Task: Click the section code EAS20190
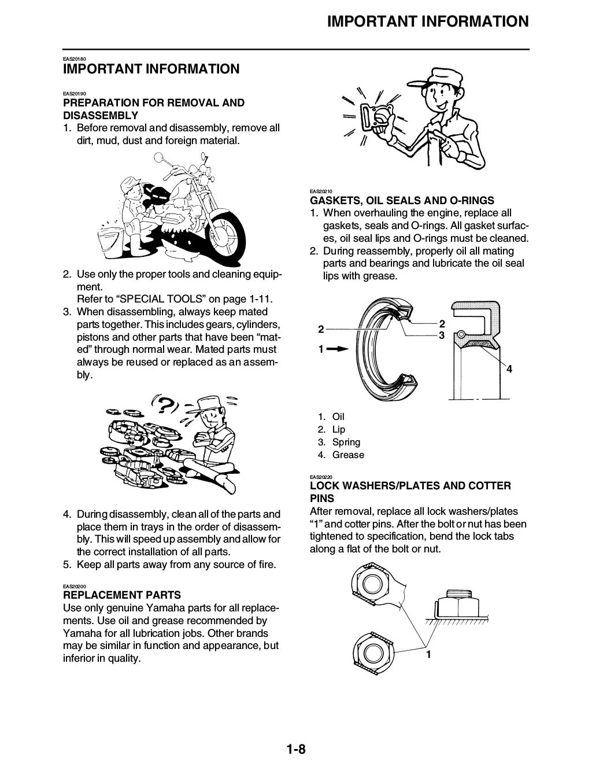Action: (x=74, y=94)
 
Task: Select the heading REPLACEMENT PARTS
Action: (x=121, y=595)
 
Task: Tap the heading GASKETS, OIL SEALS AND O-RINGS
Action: (x=402, y=201)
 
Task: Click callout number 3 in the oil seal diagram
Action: (x=442, y=335)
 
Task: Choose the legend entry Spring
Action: (x=346, y=442)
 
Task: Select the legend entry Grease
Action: (x=348, y=455)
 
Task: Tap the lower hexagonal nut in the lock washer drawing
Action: (x=375, y=646)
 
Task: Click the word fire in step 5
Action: (x=266, y=564)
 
